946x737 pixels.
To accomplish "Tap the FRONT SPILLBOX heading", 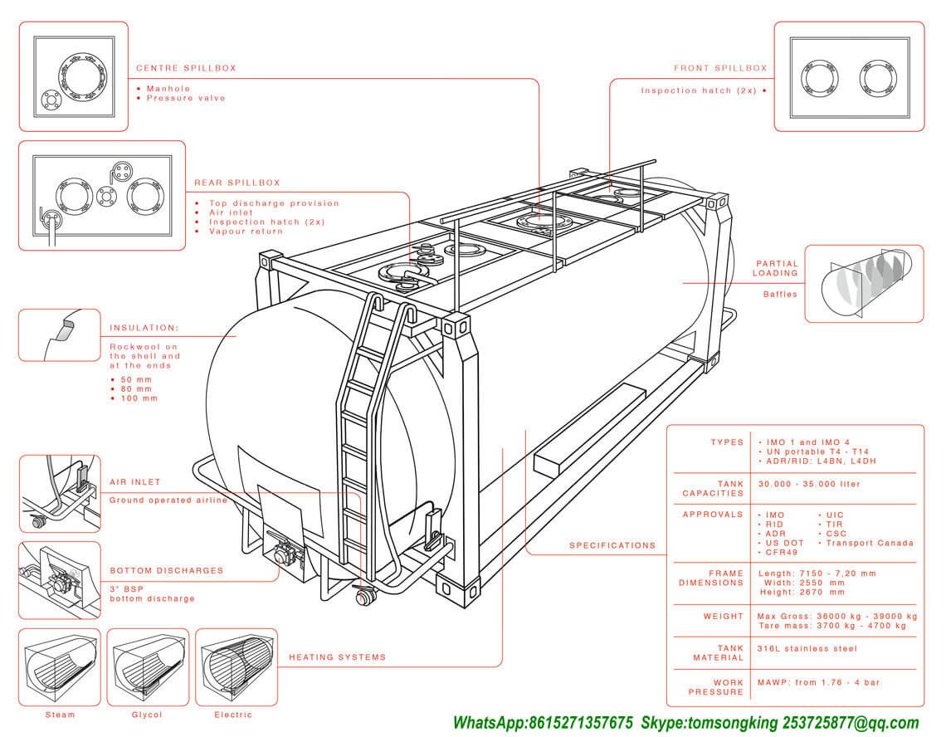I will [720, 68].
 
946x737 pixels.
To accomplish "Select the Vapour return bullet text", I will [246, 232].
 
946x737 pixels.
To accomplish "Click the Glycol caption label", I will [147, 715].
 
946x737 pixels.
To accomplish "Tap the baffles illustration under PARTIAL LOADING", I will [864, 283].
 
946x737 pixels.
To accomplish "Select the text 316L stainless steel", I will [807, 649].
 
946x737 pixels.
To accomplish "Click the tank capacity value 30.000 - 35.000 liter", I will [809, 484].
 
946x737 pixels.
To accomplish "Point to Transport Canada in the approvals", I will [870, 543].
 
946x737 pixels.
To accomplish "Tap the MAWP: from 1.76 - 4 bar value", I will [818, 682].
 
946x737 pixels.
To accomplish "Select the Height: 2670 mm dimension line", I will [802, 592].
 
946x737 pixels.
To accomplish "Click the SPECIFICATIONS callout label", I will [612, 545].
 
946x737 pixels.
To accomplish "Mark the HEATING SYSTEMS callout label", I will [337, 657].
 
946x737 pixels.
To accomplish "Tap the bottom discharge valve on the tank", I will [282, 552].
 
